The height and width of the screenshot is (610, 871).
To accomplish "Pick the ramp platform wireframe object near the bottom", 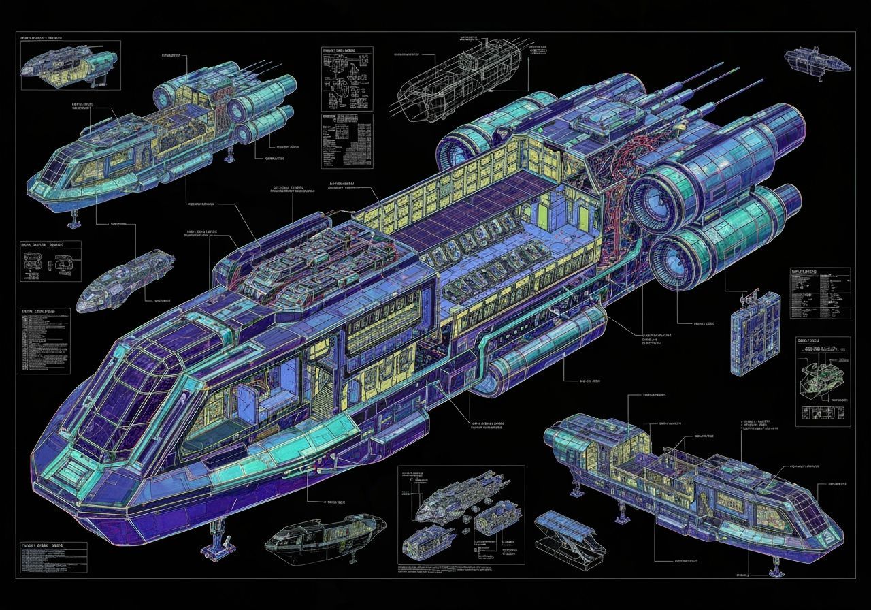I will coord(568,534).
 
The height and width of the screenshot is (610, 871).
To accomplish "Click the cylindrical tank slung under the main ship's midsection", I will coord(544,354).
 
